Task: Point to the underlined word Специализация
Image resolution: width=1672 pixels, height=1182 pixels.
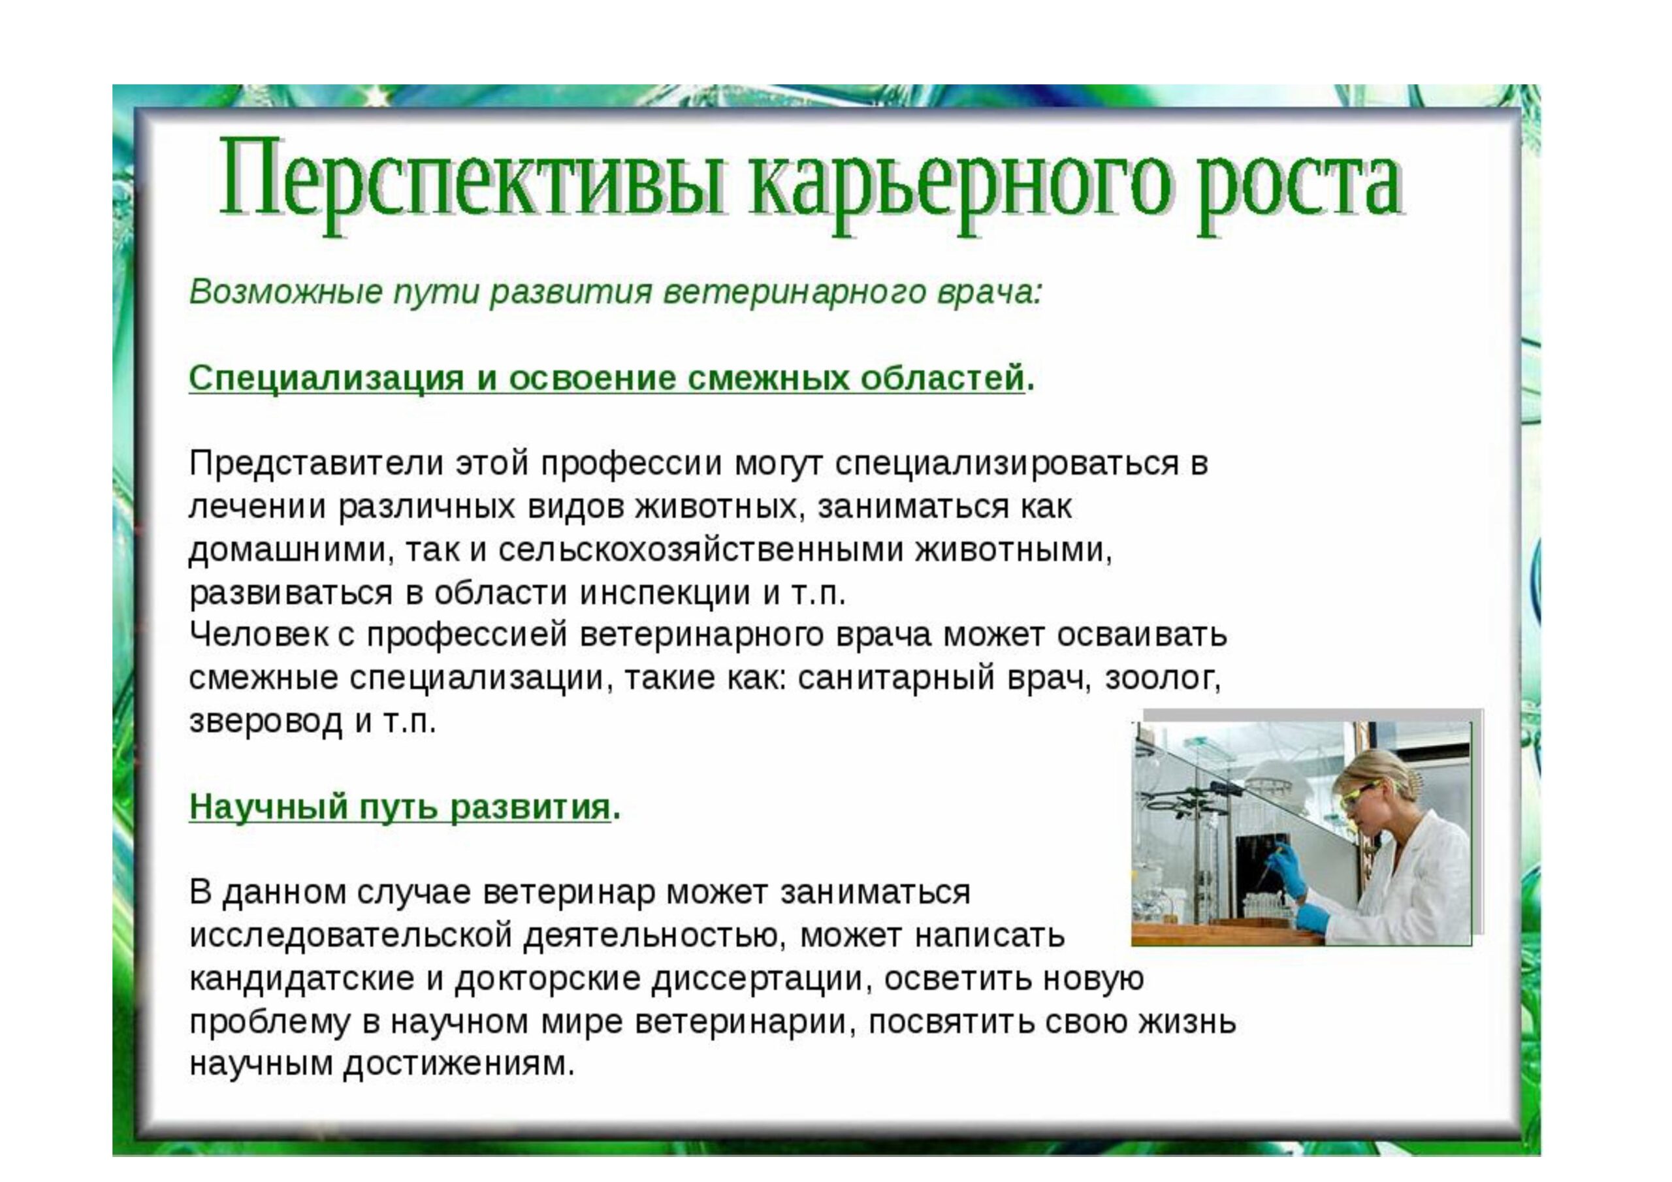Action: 327,378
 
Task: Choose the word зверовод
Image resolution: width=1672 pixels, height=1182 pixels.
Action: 265,721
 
